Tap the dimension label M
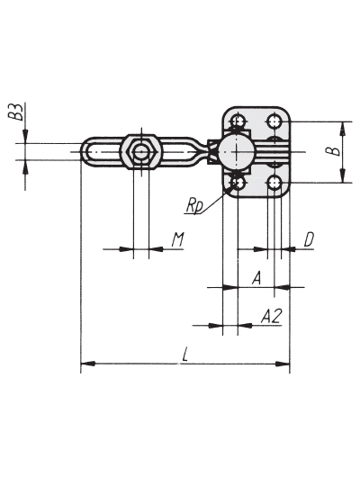click(177, 239)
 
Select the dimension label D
click(309, 239)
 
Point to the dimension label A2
click(272, 316)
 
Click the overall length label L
click(184, 355)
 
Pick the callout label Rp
click(194, 207)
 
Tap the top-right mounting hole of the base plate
click(274, 122)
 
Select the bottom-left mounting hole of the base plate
click(238, 183)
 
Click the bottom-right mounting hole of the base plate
click(274, 183)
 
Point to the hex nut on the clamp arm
click(139, 151)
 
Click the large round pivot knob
click(236, 151)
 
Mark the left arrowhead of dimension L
click(88, 364)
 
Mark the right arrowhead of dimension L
click(283, 364)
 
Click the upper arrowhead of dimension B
click(343, 129)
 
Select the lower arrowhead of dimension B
click(343, 175)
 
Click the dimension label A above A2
click(257, 278)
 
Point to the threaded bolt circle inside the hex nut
click(141, 151)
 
